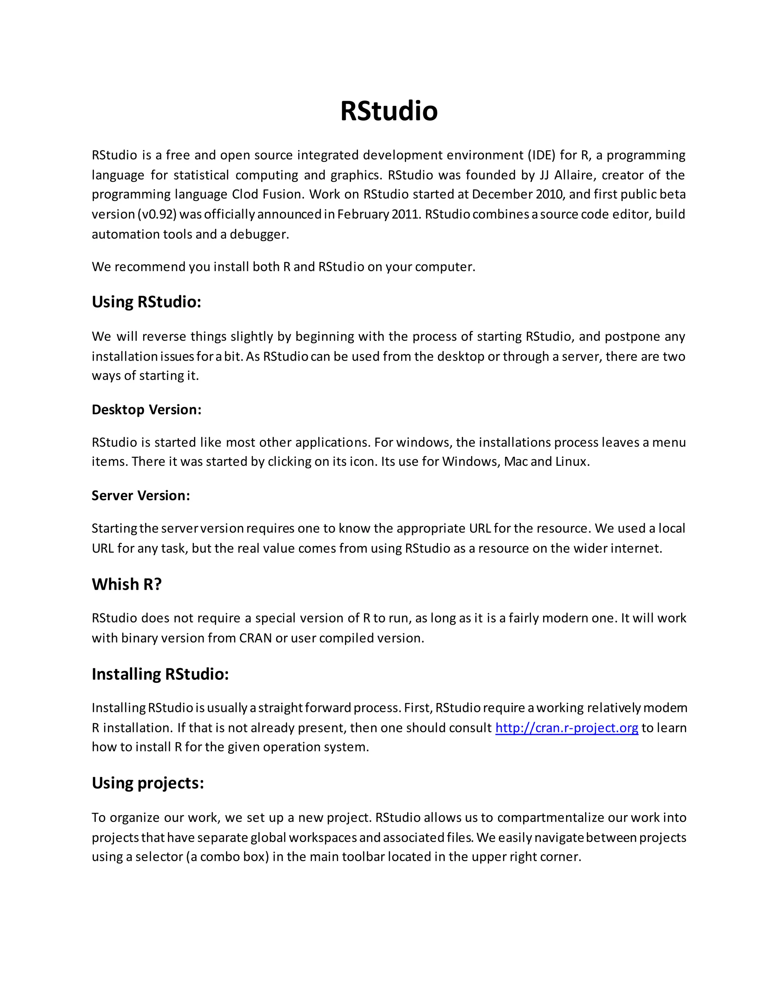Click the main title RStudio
coord(389,111)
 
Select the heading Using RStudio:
coord(146,302)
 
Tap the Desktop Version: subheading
coord(146,409)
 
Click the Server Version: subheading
coord(141,495)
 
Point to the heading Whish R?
coord(127,584)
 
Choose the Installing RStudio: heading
coord(160,674)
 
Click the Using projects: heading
coord(147,783)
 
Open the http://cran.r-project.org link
coord(566,728)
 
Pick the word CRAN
coord(255,638)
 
